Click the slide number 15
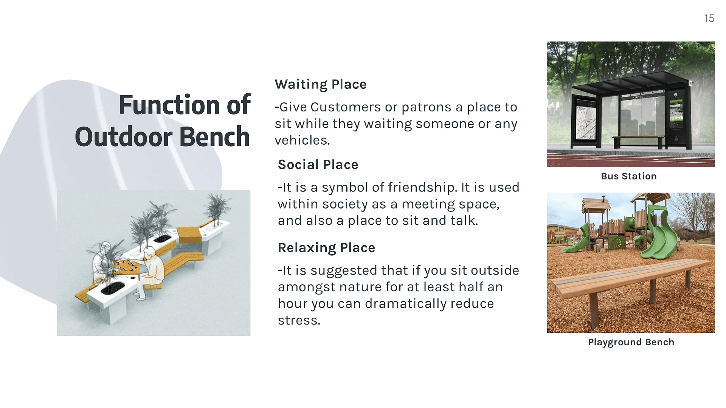[709, 18]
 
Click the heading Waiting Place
[321, 84]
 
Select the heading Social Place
[318, 165]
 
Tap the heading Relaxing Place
[326, 248]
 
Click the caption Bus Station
[629, 176]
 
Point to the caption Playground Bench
[631, 342]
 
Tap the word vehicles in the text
[302, 140]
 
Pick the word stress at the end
[299, 320]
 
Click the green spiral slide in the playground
[659, 234]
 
